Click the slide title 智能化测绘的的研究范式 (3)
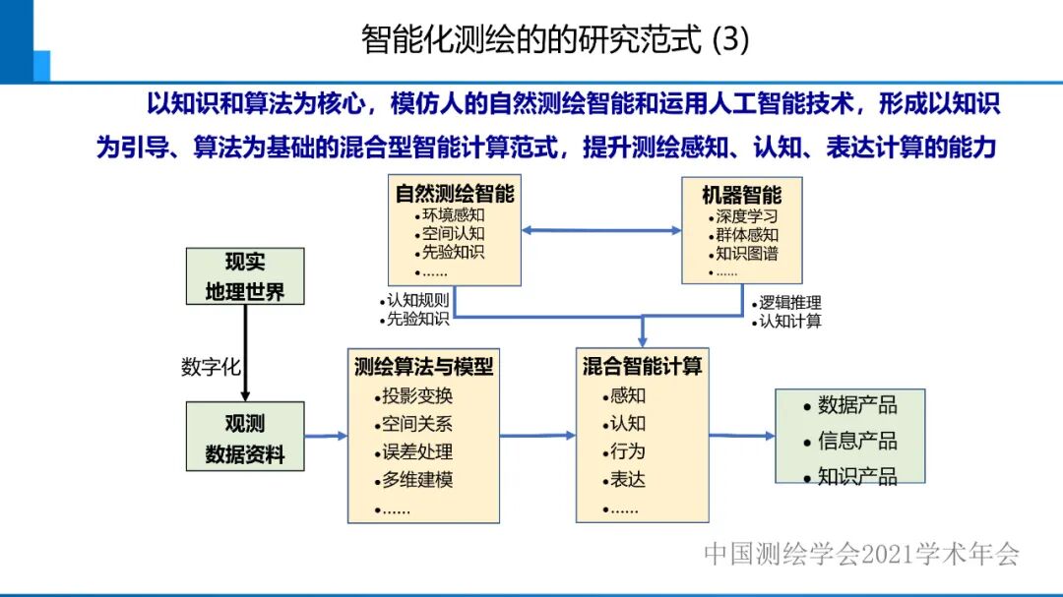pyautogui.click(x=555, y=38)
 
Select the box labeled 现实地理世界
pyautogui.click(x=245, y=276)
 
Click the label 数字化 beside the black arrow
pyautogui.click(x=211, y=367)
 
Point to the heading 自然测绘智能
pyautogui.click(x=455, y=194)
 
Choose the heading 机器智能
pyautogui.click(x=742, y=195)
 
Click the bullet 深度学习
pyautogui.click(x=747, y=216)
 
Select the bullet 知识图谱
pyautogui.click(x=747, y=253)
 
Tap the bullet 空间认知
pyautogui.click(x=454, y=233)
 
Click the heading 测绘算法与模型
pyautogui.click(x=424, y=367)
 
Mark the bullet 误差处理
pyautogui.click(x=418, y=452)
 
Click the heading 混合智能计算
pyautogui.click(x=642, y=367)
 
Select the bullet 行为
pyautogui.click(x=628, y=451)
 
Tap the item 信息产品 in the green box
pyautogui.click(x=857, y=441)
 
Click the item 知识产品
pyautogui.click(x=857, y=477)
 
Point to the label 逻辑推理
pyautogui.click(x=789, y=303)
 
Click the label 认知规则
pyautogui.click(x=417, y=301)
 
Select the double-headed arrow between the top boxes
pyautogui.click(x=601, y=230)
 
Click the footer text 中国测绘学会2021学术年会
pyautogui.click(x=861, y=555)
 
